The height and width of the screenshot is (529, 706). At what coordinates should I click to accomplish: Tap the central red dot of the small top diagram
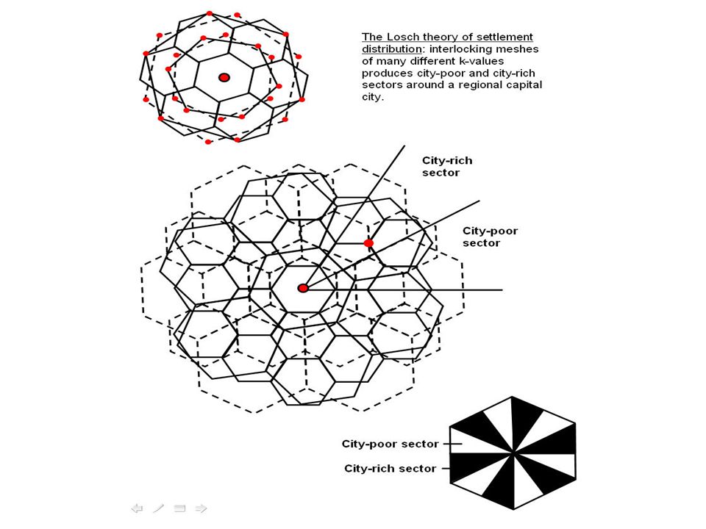(x=224, y=77)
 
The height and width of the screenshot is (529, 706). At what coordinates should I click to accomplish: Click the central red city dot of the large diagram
(x=303, y=288)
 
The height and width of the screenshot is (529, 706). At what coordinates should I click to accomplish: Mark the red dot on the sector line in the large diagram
(x=368, y=243)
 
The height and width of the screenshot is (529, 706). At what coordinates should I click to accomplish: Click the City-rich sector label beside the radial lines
(x=446, y=167)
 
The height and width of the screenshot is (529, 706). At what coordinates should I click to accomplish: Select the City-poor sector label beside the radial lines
(x=490, y=237)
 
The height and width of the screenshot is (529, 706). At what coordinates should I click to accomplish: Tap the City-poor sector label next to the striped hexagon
(x=390, y=444)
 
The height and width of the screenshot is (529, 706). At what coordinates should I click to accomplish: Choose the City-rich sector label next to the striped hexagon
(x=390, y=468)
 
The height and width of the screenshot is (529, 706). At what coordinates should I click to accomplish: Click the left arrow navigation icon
(x=138, y=508)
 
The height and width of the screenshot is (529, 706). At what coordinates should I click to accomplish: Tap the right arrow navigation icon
(x=202, y=508)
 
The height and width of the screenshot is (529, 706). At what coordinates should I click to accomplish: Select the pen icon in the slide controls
(x=159, y=508)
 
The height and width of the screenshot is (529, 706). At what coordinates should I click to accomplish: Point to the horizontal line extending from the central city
(x=403, y=289)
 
